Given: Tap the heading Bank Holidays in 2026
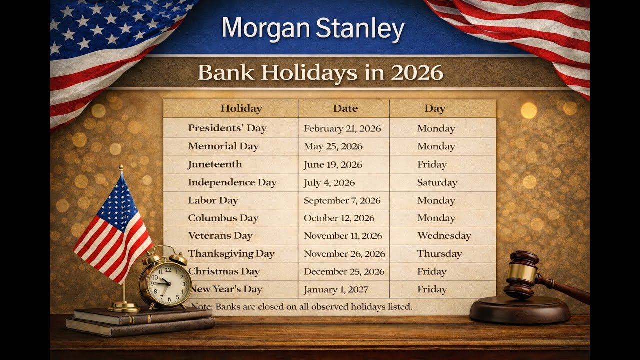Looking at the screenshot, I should coord(320,73).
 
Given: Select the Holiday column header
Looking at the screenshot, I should coord(241,108).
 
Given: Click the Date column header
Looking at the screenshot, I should coord(345,108).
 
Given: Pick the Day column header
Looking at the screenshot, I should coord(435,108).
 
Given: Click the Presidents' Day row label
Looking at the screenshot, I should coord(227,128).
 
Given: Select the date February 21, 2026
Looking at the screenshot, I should coord(342,129).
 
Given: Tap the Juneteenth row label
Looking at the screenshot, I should coord(215,164).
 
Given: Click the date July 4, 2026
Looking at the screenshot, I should coord(329,183).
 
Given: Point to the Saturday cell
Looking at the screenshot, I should coord(437,183).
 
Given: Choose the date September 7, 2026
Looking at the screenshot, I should coord(342,201).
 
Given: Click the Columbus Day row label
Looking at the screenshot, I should coord(223,218).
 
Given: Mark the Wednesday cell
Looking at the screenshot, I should coord(444,236).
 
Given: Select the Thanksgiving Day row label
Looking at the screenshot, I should coord(231,254).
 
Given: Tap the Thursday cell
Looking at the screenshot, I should coord(439,254).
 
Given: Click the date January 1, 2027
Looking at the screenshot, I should coord(336,289).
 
